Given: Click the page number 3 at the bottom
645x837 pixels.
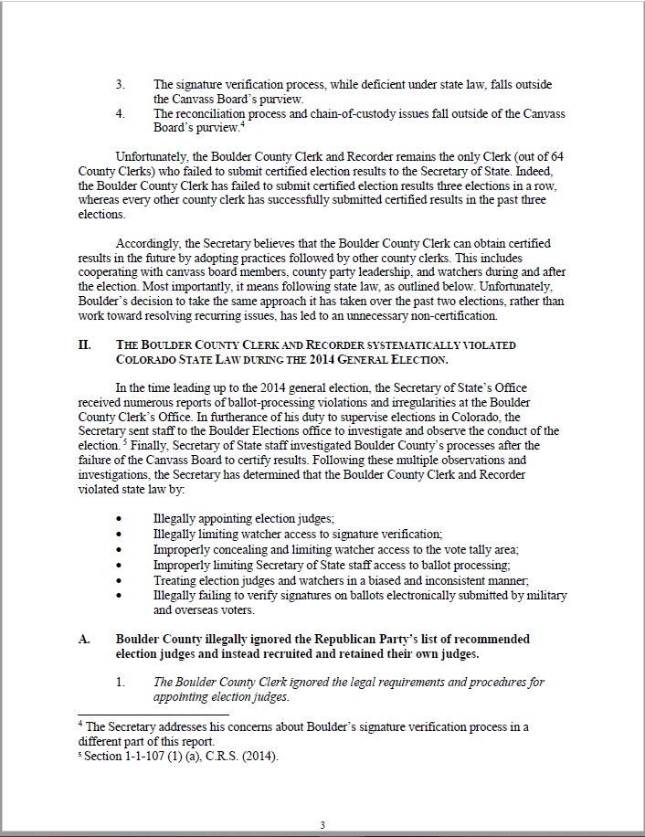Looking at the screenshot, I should pos(322,826).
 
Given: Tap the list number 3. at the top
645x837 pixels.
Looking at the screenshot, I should pos(121,85).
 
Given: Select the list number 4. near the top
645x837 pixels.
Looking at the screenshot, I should pos(121,114).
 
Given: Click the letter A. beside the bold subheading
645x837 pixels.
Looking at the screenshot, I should pos(84,639).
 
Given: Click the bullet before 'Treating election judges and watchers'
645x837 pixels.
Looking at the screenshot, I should pos(120,580).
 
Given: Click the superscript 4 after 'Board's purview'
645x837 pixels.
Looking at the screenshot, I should pos(239,124).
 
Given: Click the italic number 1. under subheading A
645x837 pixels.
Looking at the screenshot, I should pos(121,682).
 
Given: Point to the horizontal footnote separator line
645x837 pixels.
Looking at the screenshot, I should pos(153,715).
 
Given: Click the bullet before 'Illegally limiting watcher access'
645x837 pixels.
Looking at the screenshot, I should pos(120,534).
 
